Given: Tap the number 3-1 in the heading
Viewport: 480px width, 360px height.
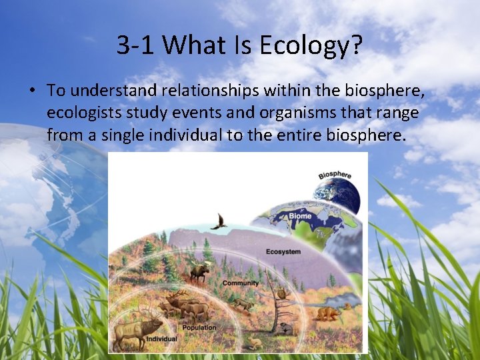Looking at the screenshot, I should [136, 45].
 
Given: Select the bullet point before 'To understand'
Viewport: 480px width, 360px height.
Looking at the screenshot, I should [31, 90].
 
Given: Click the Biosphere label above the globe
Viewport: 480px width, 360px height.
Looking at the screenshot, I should [335, 175].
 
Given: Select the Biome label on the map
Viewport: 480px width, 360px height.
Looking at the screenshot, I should [300, 215].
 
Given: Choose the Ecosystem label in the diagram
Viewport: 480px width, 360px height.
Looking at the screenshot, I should [283, 252].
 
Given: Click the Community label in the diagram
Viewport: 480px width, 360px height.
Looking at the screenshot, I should [241, 283].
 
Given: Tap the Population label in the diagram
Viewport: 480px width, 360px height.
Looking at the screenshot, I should [199, 327].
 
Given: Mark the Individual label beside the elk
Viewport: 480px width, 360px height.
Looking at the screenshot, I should [161, 339].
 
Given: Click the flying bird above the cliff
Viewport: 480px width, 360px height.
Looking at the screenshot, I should [219, 222].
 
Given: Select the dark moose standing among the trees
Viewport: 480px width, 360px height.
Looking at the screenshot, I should [199, 271].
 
